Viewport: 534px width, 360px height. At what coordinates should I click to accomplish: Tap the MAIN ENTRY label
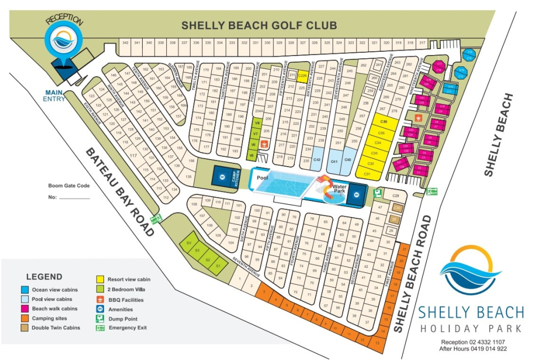tap(55, 96)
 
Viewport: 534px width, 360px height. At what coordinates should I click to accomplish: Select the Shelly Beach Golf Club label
tap(259, 25)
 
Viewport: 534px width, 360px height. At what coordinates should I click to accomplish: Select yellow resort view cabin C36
tap(384, 121)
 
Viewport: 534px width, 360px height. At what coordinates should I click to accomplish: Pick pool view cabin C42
tap(317, 160)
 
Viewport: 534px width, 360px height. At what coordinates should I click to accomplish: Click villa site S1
tap(217, 266)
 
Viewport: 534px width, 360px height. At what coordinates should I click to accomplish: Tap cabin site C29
tap(396, 196)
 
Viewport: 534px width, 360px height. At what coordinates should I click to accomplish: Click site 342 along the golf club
tap(125, 42)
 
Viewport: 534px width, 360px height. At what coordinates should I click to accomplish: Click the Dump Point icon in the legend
tap(100, 319)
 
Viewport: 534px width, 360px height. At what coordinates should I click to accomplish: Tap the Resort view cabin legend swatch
tap(100, 279)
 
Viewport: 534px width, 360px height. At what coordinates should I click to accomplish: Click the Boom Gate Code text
tap(69, 186)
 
